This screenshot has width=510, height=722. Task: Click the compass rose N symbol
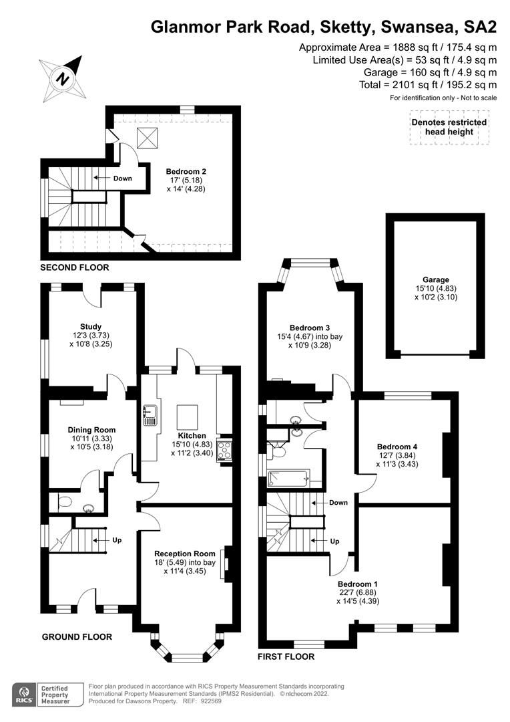(x=63, y=79)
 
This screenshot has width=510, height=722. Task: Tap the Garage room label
(x=436, y=279)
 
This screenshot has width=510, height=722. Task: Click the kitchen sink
(x=150, y=415)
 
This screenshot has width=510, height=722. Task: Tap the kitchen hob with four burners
(x=225, y=449)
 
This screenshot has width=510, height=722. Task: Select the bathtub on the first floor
(x=289, y=479)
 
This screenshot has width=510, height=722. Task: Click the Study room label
(x=91, y=326)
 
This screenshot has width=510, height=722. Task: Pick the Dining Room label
(x=91, y=430)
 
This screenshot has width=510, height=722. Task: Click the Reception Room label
(x=185, y=554)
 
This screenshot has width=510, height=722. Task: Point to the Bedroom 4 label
(x=397, y=446)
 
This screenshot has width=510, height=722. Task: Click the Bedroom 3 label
(x=310, y=328)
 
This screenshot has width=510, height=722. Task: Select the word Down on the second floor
(x=122, y=178)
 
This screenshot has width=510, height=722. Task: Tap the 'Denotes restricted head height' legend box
(x=449, y=127)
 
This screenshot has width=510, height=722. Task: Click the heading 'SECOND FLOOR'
(x=75, y=267)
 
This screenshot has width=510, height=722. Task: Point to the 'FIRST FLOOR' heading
(x=286, y=656)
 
